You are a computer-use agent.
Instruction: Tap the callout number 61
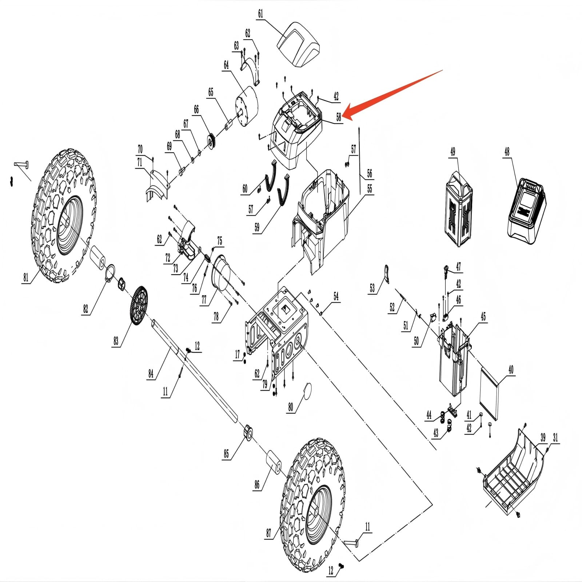(260, 14)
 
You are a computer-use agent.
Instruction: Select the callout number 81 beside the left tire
(26, 277)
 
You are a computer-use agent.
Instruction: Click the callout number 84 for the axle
(151, 374)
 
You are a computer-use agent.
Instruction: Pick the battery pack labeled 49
(459, 209)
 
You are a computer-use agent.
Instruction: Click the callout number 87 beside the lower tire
(268, 533)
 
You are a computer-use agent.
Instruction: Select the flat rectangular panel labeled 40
(489, 393)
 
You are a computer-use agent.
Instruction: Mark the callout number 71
(140, 162)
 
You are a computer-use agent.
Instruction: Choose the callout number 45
(483, 316)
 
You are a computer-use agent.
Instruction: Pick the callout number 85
(226, 454)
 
